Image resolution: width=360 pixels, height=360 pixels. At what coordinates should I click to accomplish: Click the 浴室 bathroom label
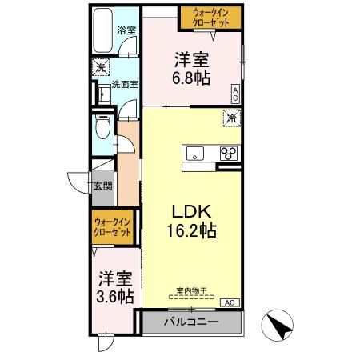pos(126,31)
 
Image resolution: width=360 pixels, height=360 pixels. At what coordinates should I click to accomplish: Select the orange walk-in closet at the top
pos(210,18)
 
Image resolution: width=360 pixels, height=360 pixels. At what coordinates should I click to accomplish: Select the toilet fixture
pos(101,128)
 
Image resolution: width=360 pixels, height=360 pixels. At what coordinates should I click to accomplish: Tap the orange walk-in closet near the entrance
pos(111,226)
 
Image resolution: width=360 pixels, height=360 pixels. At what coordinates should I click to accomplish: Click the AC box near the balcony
pos(229,302)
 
